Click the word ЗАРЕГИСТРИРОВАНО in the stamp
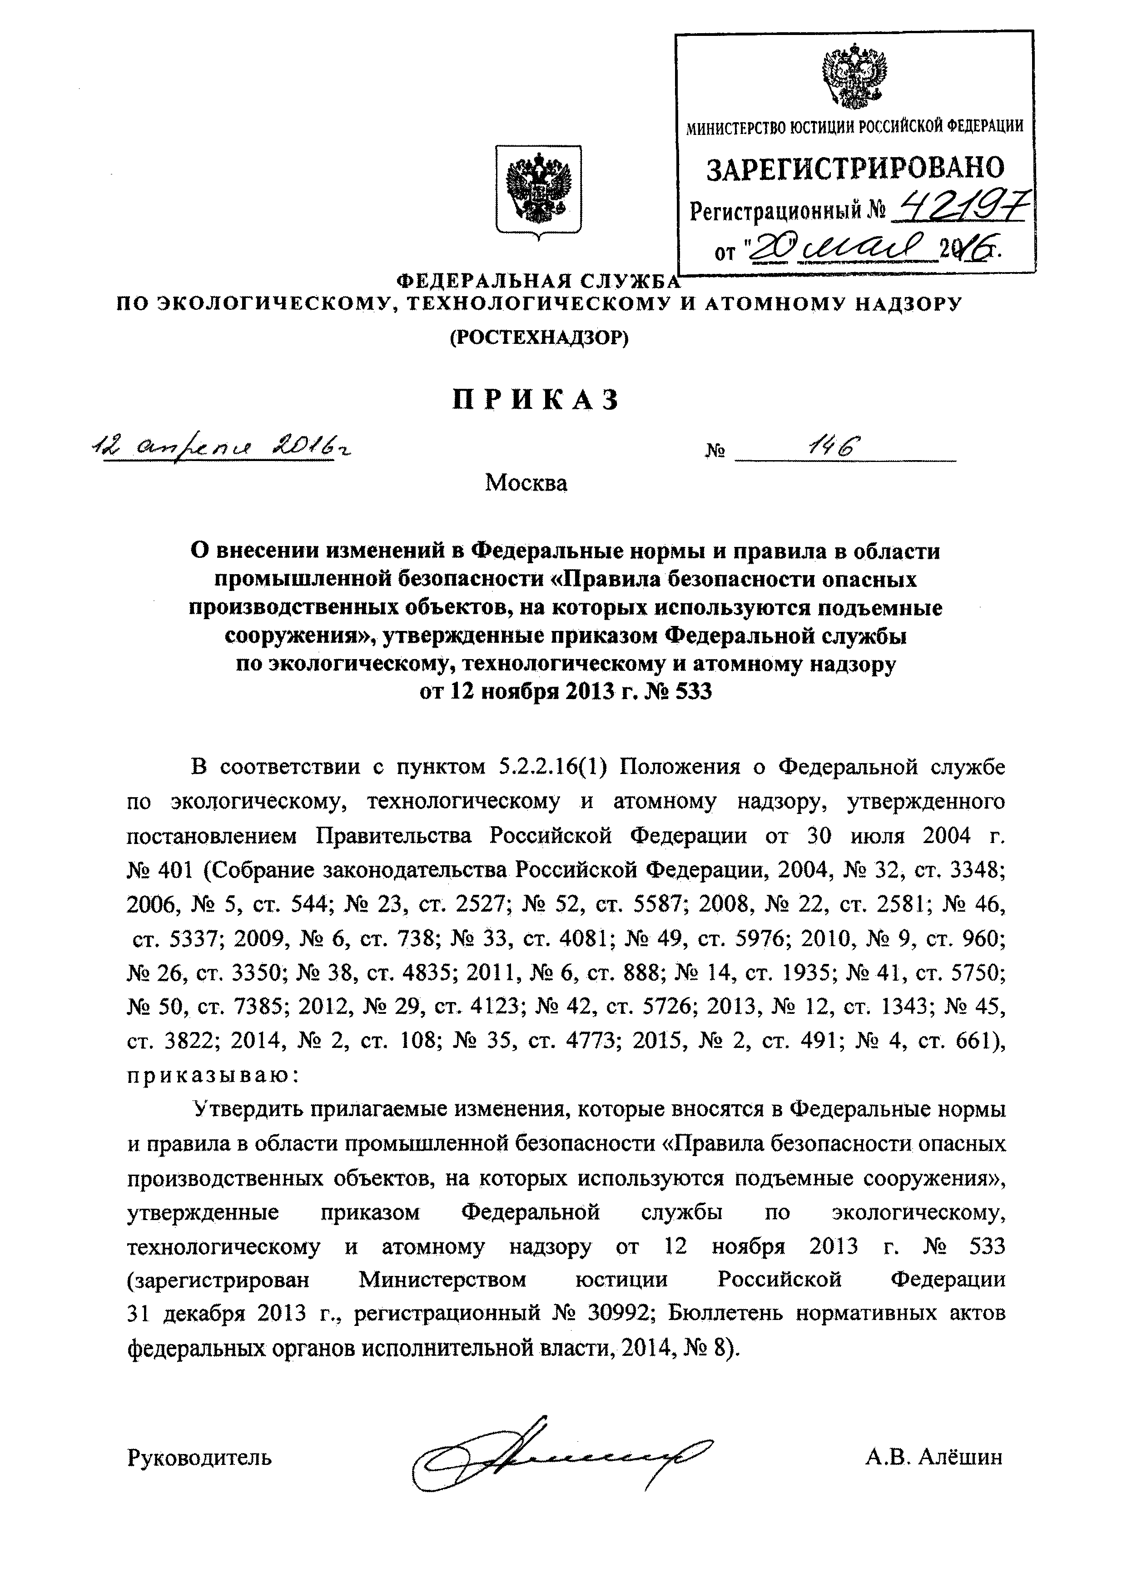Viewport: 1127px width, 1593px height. (855, 169)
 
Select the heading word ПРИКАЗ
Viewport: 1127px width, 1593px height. (535, 400)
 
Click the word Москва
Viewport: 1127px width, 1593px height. (525, 483)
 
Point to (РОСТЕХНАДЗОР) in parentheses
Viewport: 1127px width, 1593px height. (538, 338)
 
